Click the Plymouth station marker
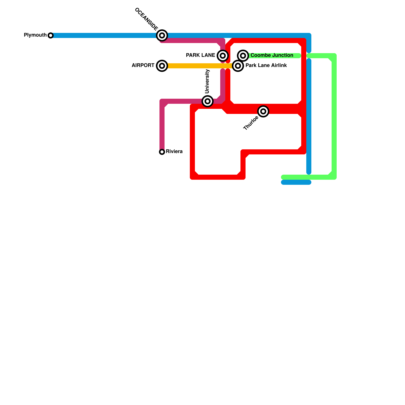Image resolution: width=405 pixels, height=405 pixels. tap(51, 35)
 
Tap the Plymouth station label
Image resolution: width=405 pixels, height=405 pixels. tap(35, 35)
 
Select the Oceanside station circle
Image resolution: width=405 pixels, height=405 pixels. tap(162, 35)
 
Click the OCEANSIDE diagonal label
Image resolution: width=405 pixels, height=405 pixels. tap(146, 19)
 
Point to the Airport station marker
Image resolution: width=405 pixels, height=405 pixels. tap(162, 66)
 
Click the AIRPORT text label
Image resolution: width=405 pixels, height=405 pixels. tap(143, 66)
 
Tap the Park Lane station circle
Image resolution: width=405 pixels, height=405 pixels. tap(223, 55)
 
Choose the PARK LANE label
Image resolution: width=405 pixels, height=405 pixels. tap(200, 55)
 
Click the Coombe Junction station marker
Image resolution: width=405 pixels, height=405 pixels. tap(243, 55)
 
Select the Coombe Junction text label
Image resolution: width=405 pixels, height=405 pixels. tap(272, 55)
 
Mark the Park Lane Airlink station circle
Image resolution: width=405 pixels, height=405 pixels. tap(238, 66)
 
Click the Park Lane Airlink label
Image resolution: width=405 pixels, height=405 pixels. tap(266, 66)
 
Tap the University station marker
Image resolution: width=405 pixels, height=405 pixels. tap(208, 101)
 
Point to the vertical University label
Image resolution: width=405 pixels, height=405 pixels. tap(207, 81)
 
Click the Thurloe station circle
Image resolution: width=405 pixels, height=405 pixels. tap(263, 111)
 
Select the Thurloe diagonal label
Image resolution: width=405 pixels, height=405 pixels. tap(251, 123)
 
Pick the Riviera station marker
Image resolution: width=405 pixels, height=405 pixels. tap(162, 152)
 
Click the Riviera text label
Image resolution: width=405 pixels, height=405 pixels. tap(174, 152)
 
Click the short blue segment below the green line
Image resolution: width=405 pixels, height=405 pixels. tap(296, 182)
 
